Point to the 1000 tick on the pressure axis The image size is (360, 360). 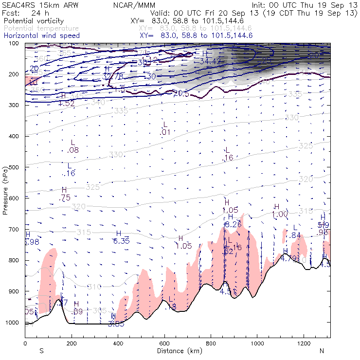tap(15, 323)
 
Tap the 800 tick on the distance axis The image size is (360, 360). tap(211, 343)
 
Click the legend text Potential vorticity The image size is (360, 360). tap(33, 21)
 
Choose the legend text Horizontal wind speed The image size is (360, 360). tap(41, 36)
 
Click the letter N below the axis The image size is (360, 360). tap(322, 350)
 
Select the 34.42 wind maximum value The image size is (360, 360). tap(210, 61)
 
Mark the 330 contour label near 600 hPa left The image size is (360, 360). tap(116, 155)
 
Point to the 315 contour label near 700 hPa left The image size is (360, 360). tap(84, 233)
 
